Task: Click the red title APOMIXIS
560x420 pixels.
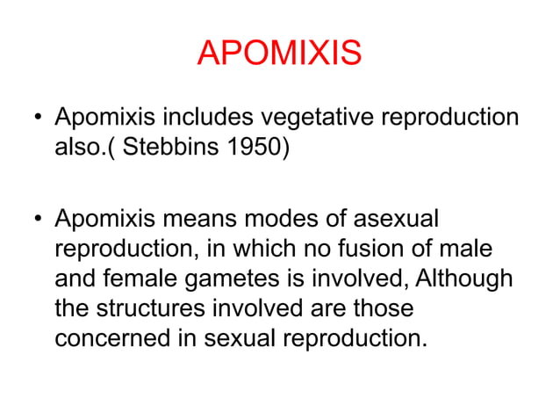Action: pyautogui.click(x=279, y=54)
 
